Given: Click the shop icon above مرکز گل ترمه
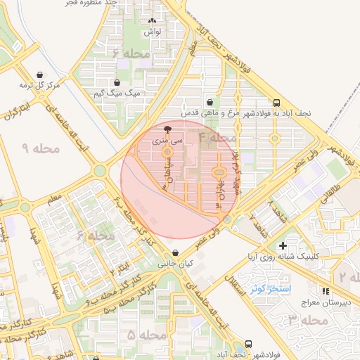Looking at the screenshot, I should (x=39, y=75).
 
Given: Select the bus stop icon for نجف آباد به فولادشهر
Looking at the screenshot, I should (x=276, y=102).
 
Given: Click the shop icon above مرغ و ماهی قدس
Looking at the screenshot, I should (x=209, y=102).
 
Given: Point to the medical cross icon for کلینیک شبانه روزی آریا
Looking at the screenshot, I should (x=283, y=246).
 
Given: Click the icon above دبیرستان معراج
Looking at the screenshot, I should (x=325, y=290).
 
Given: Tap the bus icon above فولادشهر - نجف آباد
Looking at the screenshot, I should (x=248, y=345).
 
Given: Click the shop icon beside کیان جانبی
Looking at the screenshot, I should (x=174, y=254).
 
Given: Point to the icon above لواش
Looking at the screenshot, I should (x=153, y=22).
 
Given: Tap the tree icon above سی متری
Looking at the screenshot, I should (x=167, y=130).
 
